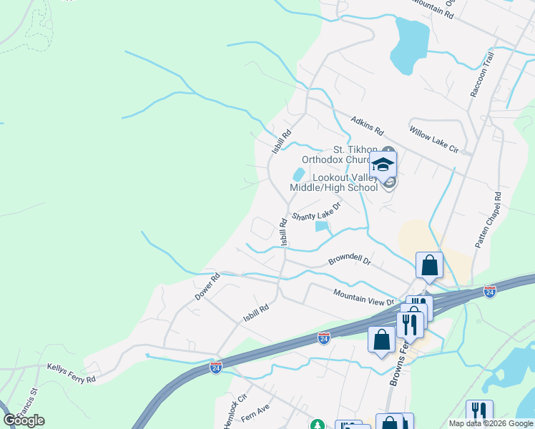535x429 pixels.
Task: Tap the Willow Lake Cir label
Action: tap(433, 139)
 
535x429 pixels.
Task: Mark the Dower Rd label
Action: tap(205, 289)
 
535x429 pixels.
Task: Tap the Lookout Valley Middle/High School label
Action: tap(333, 182)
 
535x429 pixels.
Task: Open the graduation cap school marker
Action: tap(383, 165)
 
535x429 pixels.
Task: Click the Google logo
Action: tap(24, 420)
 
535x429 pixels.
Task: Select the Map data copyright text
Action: tap(491, 423)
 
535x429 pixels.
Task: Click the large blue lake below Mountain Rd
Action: tap(411, 45)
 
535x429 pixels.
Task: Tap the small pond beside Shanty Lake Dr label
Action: tap(323, 227)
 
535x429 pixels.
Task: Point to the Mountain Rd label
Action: tap(433, 4)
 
